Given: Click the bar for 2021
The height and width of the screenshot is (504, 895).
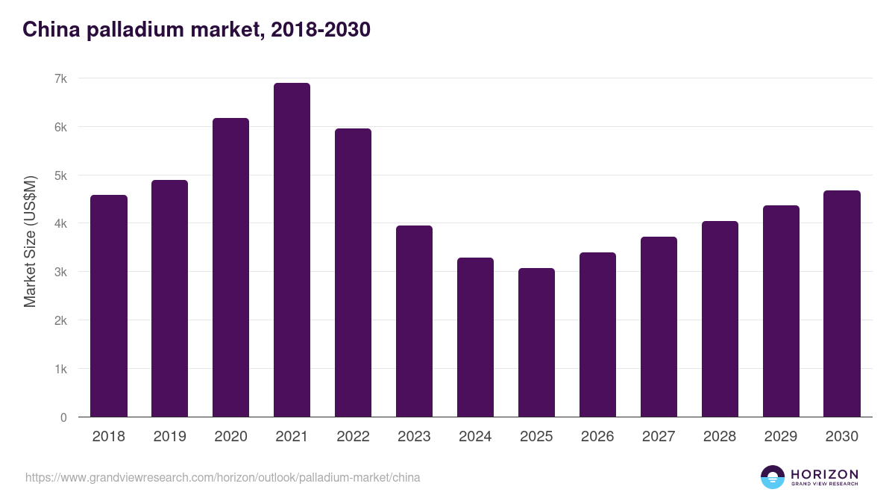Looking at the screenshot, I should point(292,250).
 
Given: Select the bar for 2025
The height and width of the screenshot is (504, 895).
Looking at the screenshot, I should point(536,343).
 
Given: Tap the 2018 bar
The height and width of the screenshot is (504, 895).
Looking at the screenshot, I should point(109,306).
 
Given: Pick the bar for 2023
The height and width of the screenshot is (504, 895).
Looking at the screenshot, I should point(414,321).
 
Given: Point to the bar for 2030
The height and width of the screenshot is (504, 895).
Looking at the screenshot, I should point(842,304).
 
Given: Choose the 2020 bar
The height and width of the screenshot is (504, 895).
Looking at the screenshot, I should point(230,267).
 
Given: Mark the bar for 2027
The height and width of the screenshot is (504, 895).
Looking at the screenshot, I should point(659,327).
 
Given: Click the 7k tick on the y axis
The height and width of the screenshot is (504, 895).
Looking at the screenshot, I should point(60,78).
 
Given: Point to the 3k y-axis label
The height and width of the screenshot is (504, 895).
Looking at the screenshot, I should point(60,272).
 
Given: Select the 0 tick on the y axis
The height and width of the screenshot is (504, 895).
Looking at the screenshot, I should point(63,417).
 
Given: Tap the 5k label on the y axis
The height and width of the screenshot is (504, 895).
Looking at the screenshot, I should point(60,175).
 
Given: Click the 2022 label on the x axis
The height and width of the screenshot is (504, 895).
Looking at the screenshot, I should point(353,437).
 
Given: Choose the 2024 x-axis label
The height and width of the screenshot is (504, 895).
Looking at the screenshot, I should point(475,437).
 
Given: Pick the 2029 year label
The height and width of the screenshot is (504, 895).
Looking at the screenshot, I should point(781,437).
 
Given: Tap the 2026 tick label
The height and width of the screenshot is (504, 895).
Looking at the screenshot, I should point(597,437).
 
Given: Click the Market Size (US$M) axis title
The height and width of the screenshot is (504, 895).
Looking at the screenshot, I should point(30,241).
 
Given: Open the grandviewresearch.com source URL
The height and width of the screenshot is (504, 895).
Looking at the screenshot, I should point(222,477).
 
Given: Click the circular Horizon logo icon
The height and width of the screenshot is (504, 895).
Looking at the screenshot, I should point(772,477).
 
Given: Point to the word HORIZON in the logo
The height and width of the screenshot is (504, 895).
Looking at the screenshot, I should point(824,473).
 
